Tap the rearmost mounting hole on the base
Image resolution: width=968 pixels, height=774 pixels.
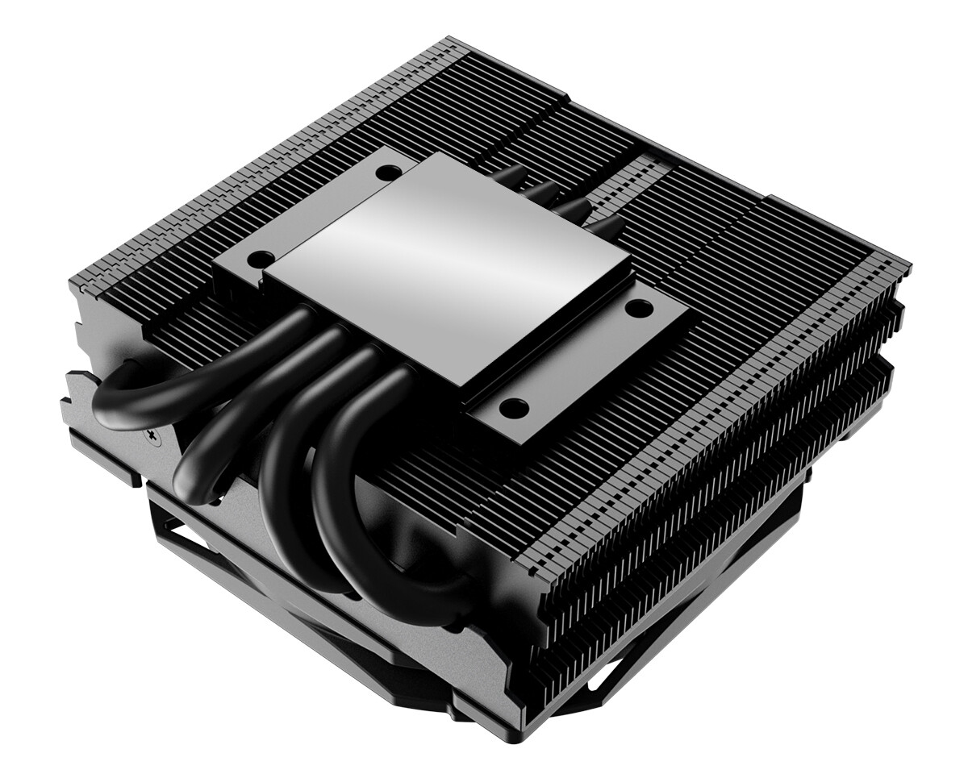(389, 171)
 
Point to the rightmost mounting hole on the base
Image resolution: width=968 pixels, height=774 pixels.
(637, 306)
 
